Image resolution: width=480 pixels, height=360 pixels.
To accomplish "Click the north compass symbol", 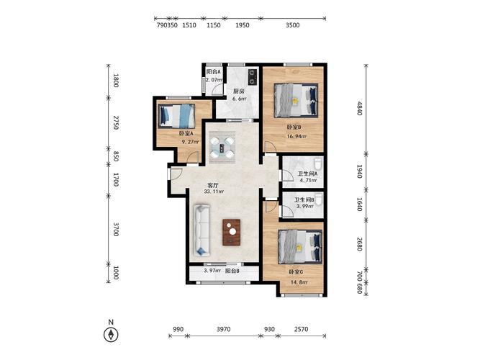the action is click(x=111, y=335).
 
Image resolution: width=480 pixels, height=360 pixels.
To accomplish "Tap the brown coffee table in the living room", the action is click(x=232, y=233).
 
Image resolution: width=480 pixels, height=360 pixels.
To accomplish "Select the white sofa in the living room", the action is click(x=201, y=230).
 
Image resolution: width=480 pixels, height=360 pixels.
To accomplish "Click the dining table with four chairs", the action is click(x=222, y=147).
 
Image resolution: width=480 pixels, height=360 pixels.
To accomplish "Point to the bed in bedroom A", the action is click(x=176, y=116).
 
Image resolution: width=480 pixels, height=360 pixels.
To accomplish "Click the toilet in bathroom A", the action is click(x=318, y=163).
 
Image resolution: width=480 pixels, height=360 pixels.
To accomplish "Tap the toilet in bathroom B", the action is click(x=319, y=199).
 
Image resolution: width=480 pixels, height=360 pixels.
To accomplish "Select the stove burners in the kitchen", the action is click(x=253, y=77).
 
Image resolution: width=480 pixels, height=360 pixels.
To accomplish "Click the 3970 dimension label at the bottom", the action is click(x=224, y=329).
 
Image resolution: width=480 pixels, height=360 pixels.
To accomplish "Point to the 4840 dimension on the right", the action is click(x=360, y=109).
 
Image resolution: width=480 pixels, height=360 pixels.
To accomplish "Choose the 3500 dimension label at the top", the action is click(x=293, y=25).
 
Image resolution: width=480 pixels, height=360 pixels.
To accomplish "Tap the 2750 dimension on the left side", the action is click(x=116, y=122).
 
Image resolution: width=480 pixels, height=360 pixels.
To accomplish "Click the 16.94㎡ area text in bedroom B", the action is click(x=296, y=137).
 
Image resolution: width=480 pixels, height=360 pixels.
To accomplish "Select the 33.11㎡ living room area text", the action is click(x=214, y=192).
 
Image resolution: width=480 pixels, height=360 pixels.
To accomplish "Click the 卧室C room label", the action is click(x=296, y=272).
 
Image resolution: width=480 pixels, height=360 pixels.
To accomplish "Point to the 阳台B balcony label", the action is click(x=232, y=271).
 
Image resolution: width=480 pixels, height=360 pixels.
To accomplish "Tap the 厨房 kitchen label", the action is click(x=239, y=91).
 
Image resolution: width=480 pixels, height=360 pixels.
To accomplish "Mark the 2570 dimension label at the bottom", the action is click(x=301, y=329).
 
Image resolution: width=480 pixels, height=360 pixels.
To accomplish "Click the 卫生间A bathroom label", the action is click(x=308, y=174).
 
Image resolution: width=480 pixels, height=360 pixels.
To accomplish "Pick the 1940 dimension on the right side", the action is click(x=360, y=171).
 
